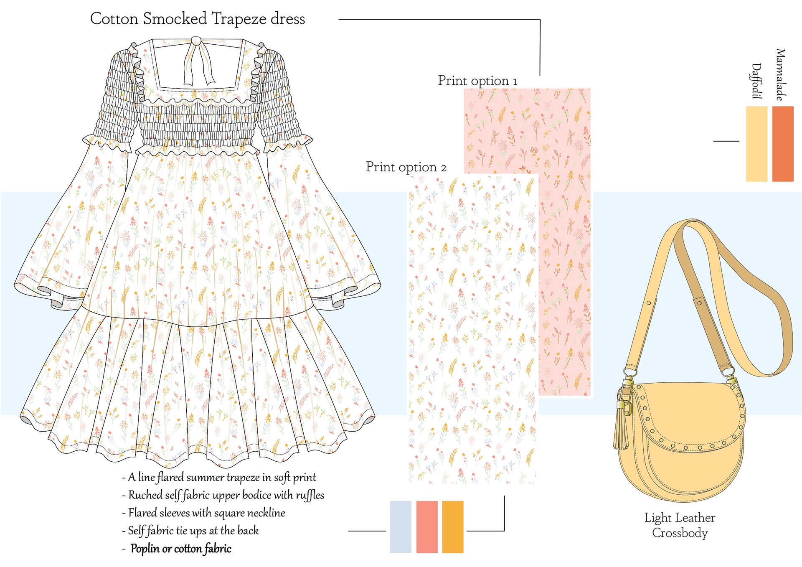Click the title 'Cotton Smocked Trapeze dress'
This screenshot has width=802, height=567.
(198, 19)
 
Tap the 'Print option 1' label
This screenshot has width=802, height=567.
(477, 81)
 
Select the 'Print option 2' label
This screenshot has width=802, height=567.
(406, 167)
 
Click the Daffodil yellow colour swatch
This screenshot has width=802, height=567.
(756, 144)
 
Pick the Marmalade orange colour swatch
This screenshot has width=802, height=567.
(783, 144)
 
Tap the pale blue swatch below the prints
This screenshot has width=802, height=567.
(401, 527)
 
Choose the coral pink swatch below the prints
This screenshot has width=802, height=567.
(427, 527)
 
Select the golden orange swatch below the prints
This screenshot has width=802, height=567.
(453, 527)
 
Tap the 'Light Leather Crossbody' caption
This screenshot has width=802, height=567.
(680, 525)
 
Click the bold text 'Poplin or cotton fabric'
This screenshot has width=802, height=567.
(181, 549)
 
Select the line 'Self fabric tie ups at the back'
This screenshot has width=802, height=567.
(193, 531)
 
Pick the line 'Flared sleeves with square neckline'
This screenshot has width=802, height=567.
(207, 513)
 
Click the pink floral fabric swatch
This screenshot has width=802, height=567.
(564, 251)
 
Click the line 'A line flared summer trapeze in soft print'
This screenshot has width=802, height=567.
(222, 477)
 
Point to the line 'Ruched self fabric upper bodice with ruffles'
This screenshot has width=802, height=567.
(226, 495)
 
